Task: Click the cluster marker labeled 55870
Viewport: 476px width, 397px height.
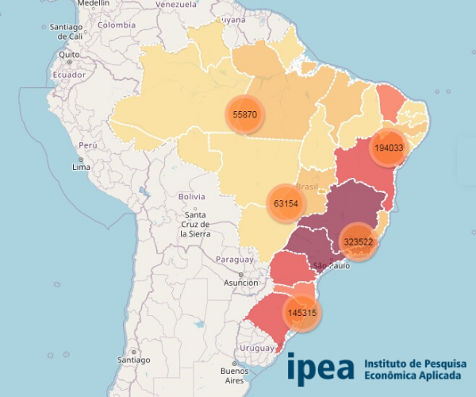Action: tap(244, 115)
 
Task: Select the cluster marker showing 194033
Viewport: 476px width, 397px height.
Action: tap(390, 148)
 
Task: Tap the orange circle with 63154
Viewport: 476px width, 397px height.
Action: tap(286, 203)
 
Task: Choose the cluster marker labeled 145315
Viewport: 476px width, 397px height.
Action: tap(303, 313)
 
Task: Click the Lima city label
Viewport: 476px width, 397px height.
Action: tap(81, 167)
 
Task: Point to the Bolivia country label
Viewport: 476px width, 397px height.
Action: tap(192, 196)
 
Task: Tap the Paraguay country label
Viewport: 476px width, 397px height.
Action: tap(235, 260)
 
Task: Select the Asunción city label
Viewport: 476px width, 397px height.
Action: tap(240, 283)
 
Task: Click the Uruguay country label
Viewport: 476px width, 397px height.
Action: tap(256, 348)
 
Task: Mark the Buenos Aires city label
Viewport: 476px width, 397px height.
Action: tap(234, 376)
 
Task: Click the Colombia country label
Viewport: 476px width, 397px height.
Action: tap(117, 25)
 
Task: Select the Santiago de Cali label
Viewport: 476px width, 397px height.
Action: tap(66, 32)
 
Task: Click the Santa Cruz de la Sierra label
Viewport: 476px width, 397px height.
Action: tap(194, 224)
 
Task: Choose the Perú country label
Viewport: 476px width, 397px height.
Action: tap(87, 147)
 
